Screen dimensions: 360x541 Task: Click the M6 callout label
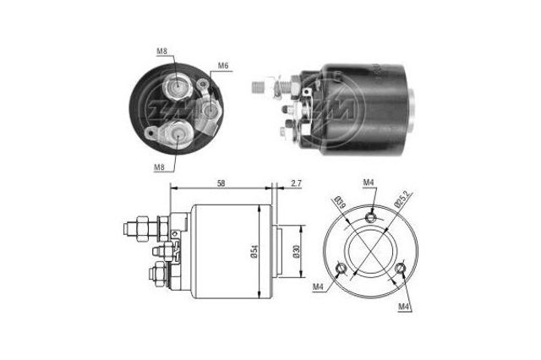(x=223, y=66)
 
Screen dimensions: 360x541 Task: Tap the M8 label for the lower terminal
(x=160, y=167)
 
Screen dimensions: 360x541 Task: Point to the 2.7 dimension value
(x=295, y=183)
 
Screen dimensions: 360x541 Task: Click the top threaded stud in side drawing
(x=135, y=226)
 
